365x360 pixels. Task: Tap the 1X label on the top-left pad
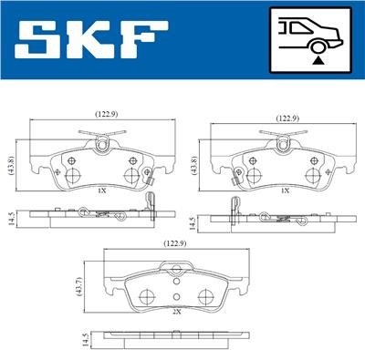click(102, 190)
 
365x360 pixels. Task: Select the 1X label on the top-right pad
click(286, 190)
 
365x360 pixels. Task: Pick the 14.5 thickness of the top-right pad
click(192, 225)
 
